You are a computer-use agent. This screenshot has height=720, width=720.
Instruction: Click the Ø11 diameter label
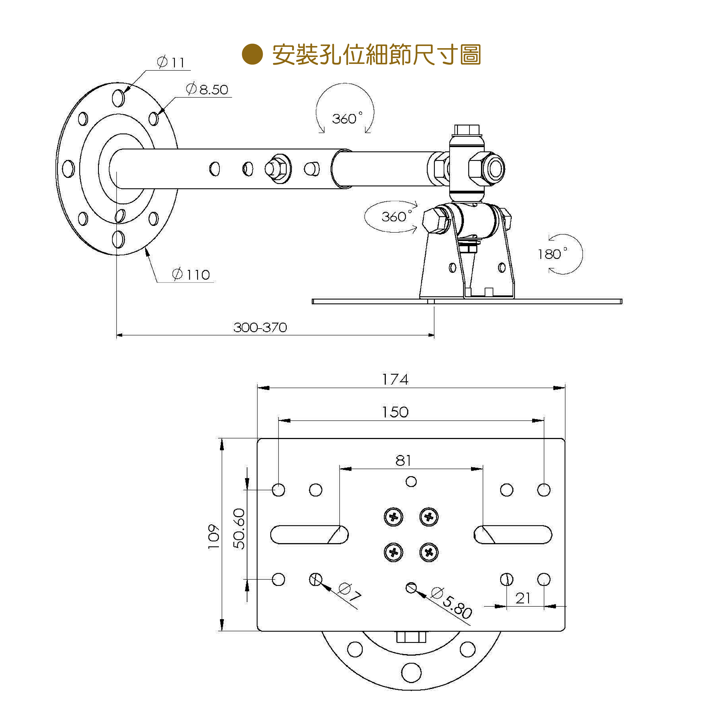[x=171, y=62]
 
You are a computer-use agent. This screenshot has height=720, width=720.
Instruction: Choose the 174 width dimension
[x=395, y=380]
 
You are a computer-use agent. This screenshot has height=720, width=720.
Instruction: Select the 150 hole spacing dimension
[x=395, y=412]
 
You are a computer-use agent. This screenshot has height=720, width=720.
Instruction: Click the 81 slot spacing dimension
[x=404, y=461]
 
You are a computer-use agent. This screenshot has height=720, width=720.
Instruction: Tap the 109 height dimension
[x=214, y=537]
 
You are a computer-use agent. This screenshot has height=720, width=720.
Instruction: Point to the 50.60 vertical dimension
[x=239, y=529]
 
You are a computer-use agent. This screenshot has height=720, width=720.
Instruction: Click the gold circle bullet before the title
[x=252, y=54]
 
